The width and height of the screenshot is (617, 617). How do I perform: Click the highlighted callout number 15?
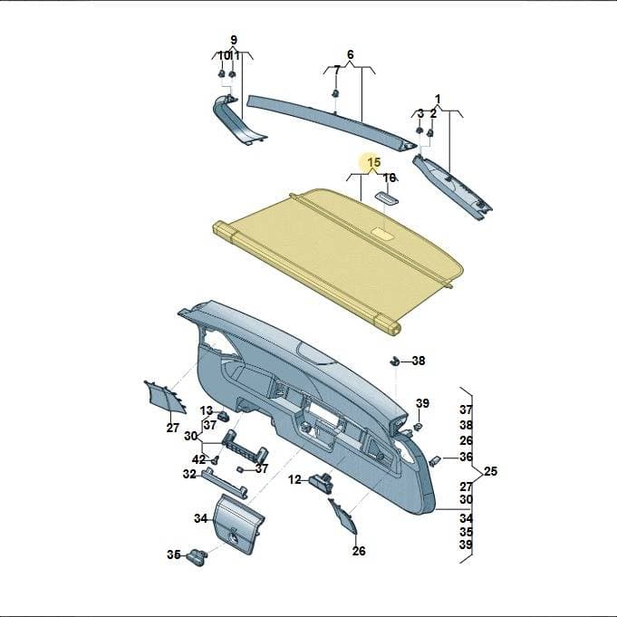coord(374,162)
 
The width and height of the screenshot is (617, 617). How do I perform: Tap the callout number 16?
coord(390,178)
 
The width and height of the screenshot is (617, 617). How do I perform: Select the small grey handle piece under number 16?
coord(386,198)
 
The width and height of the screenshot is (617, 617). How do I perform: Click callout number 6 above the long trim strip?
coord(351,54)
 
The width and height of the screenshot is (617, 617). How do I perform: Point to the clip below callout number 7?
coord(335,93)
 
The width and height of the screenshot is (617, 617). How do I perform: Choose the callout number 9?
coord(234,40)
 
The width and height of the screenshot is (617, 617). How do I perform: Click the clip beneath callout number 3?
coord(419,130)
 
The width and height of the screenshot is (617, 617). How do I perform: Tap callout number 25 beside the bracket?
coord(490,471)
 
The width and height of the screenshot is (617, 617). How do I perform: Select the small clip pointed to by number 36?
coord(434,460)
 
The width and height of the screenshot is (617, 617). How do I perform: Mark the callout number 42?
coord(198,459)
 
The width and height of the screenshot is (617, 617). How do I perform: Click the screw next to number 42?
coord(215,459)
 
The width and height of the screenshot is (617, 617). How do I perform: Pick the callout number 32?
coord(189,474)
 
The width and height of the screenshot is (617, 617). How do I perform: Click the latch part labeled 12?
coord(321,482)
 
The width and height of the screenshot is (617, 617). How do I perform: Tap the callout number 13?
coord(207,410)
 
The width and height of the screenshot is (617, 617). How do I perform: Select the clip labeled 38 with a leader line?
coord(395,360)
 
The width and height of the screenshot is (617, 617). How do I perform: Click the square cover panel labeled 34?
coord(238,519)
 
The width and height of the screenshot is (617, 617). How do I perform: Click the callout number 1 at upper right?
coord(438,99)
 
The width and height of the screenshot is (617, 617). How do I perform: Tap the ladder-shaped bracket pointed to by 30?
coord(245,447)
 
